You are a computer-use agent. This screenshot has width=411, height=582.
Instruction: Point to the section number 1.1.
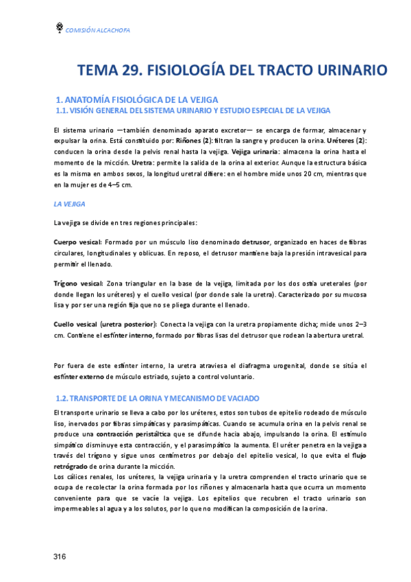pyautogui.click(x=63, y=110)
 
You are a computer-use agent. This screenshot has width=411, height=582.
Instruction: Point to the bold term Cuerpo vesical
pyautogui.click(x=77, y=242)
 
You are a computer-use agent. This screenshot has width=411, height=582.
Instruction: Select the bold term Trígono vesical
pyautogui.click(x=77, y=283)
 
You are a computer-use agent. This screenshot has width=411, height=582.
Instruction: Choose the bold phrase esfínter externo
pyautogui.click(x=80, y=377)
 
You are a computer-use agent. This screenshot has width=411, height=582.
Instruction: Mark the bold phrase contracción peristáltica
pyautogui.click(x=134, y=435)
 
